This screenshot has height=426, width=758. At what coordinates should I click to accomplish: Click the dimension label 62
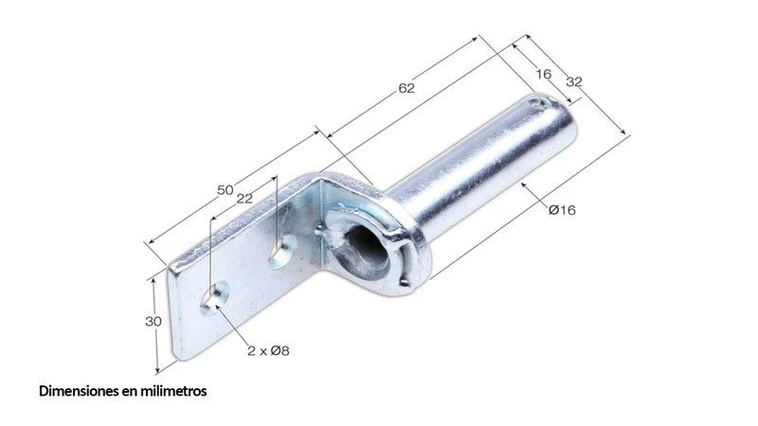click(x=406, y=88)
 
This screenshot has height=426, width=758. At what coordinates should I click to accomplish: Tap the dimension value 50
click(x=226, y=190)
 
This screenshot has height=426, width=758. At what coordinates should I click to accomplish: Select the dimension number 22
click(x=244, y=198)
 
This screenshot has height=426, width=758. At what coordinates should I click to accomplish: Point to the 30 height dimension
click(x=153, y=321)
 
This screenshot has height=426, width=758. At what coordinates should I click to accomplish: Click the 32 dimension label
click(x=574, y=82)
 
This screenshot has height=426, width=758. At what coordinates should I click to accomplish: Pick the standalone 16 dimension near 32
click(x=543, y=74)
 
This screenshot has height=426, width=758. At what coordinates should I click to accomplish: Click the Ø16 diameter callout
click(x=562, y=209)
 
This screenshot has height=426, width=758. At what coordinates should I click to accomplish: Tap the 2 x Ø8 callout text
click(x=268, y=350)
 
